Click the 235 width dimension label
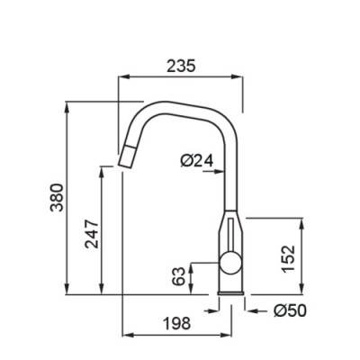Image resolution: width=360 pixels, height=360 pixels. [x=181, y=66]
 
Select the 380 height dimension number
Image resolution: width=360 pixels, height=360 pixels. [x=57, y=197]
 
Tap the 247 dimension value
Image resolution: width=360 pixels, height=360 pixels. [x=92, y=234]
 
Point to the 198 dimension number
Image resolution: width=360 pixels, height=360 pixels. [x=176, y=323]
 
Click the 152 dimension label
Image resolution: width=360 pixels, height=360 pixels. [x=289, y=258]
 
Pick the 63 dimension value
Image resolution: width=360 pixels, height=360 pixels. [x=178, y=275]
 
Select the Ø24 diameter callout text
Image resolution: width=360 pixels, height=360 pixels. [x=197, y=160]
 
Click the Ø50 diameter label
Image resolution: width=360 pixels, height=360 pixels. [x=290, y=310]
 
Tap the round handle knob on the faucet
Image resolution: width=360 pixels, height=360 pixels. [x=230, y=263]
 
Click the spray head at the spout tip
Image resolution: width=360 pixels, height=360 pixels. [x=128, y=156]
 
